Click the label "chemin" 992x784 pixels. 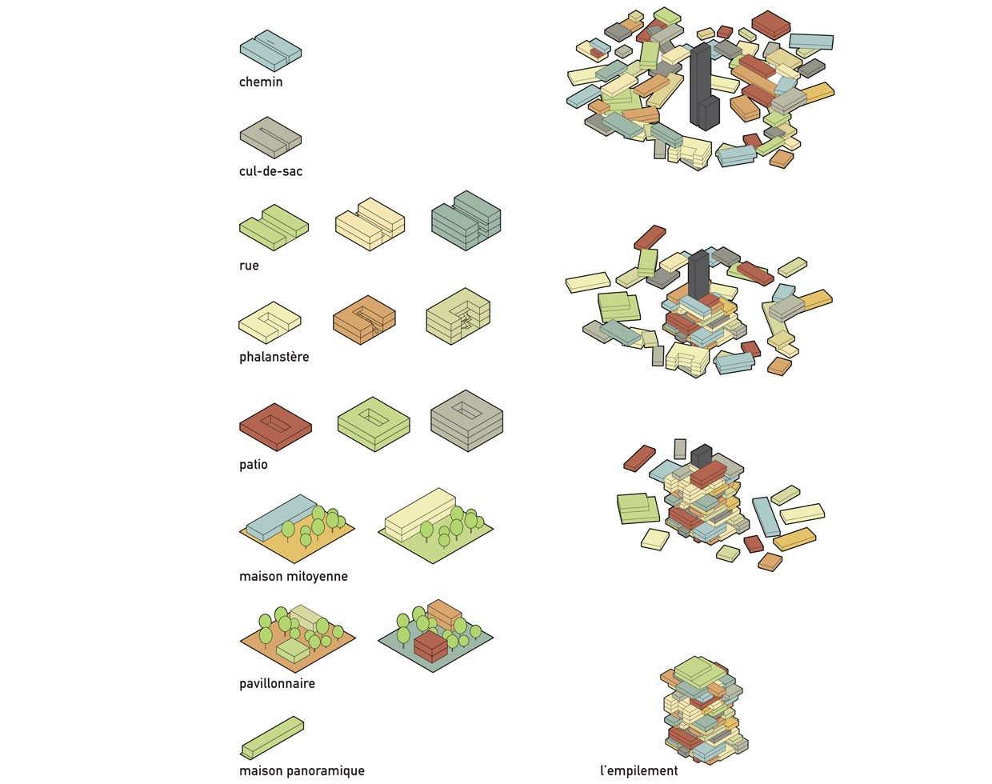pos(261,82)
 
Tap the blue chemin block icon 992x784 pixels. pos(270,50)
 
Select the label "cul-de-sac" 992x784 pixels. pos(270,171)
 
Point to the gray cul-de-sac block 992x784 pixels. pos(270,138)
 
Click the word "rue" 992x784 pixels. pos(249,266)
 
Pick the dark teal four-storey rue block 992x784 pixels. pos(466,220)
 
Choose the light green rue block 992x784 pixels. pos(274,227)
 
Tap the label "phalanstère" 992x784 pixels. pos(274,356)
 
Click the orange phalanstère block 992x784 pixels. pos(364,319)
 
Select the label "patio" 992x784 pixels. pos(253,464)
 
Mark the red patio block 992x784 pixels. pos(276,426)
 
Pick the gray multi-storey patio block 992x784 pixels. pos(467,420)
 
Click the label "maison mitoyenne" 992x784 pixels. pos(293,576)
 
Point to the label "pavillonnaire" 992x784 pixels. pos(277,683)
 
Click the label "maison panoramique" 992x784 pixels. pos(302,770)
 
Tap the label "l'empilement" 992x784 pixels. pos(638,770)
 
